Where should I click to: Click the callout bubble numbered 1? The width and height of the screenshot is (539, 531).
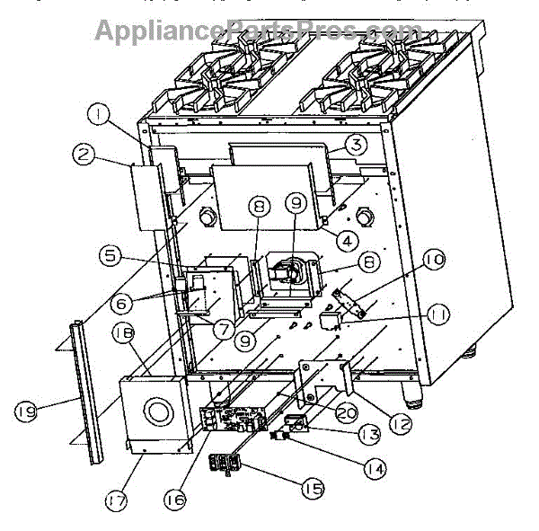tap(98, 114)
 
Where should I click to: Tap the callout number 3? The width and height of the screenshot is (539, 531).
tap(356, 145)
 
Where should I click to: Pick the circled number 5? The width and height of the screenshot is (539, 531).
tap(110, 255)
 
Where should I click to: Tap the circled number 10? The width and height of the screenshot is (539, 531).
tap(433, 261)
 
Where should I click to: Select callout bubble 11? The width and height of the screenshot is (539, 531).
tap(440, 314)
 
